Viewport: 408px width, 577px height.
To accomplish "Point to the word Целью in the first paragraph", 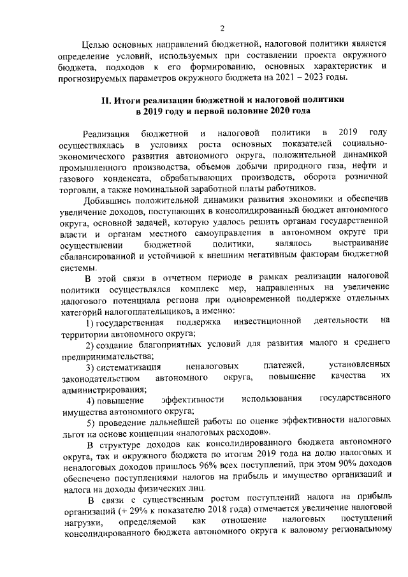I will pyautogui.click(x=100, y=44).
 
